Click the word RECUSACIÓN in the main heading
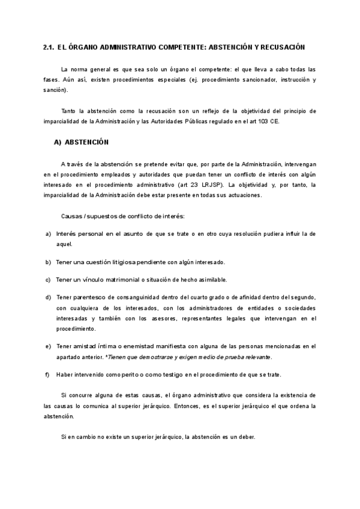coord(281,47)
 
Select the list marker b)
coord(47,262)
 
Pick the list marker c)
coord(47,280)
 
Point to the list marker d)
coord(47,298)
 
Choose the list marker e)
coord(47,346)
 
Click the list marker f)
coord(47,375)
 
